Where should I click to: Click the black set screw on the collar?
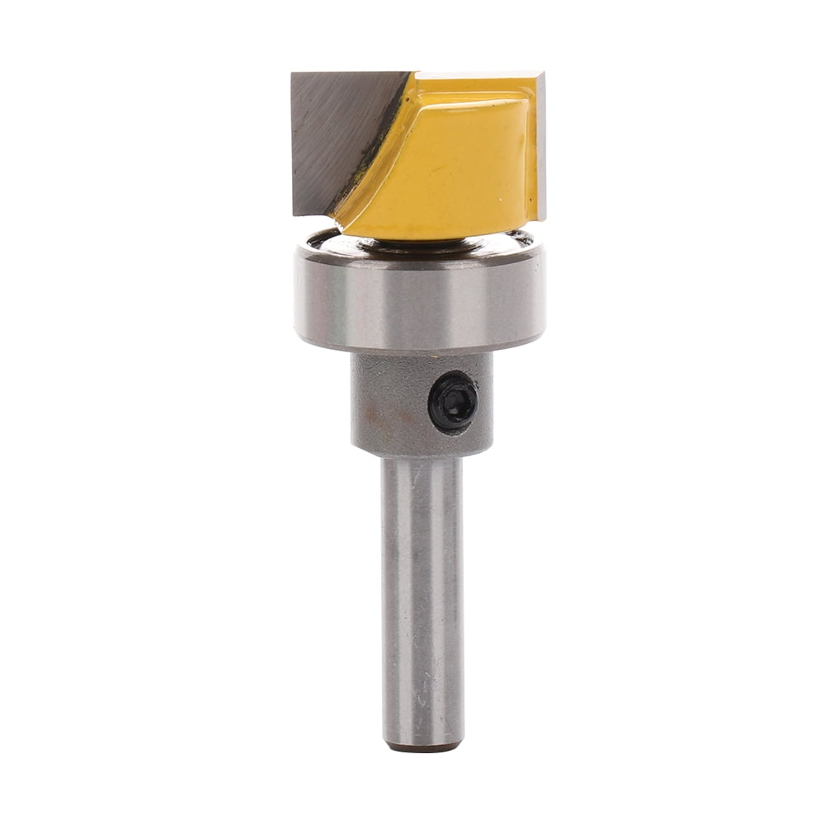tap(453, 401)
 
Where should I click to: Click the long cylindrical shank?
tap(422, 594)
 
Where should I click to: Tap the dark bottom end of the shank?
tap(422, 747)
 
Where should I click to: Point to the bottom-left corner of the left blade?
tap(294, 214)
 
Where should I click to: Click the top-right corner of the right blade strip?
tap(544, 73)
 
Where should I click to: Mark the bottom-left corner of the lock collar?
tap(353, 450)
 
